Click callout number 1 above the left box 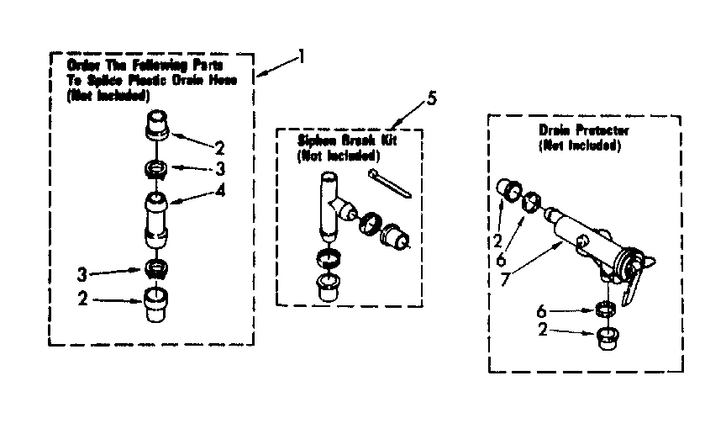[301, 58]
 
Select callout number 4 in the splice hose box [220, 190]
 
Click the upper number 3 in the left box [219, 170]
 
